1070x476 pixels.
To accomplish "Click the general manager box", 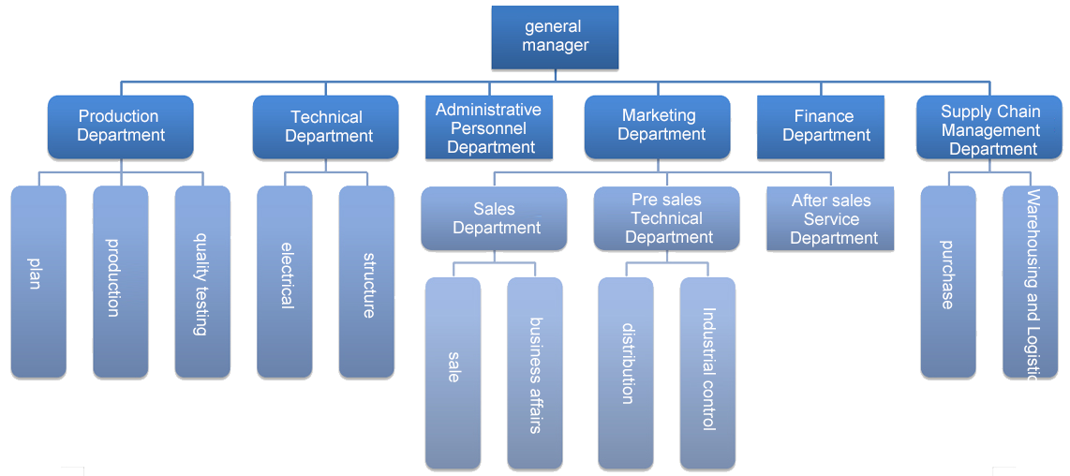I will click(x=555, y=37).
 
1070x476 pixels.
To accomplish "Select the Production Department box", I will click(x=120, y=126).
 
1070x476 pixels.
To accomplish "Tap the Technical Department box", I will click(x=325, y=126).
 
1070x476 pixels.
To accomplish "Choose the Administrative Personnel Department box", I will click(x=489, y=128).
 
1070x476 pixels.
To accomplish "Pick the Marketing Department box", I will click(x=661, y=126).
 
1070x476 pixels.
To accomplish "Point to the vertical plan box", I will click(x=38, y=281).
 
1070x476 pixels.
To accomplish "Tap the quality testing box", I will click(x=202, y=281).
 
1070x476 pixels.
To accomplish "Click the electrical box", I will click(x=284, y=281).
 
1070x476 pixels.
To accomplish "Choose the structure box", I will click(x=366, y=281).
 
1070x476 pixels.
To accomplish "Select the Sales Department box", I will click(x=494, y=218).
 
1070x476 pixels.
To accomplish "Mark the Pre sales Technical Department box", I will click(x=666, y=218).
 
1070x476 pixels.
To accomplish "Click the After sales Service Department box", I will click(x=830, y=218).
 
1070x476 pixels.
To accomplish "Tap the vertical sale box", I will click(x=453, y=372).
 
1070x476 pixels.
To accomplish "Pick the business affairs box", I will click(x=535, y=372).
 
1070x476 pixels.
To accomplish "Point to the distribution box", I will click(x=625, y=372).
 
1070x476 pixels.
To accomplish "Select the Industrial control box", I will click(x=707, y=372).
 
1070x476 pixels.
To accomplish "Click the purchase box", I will click(x=948, y=281).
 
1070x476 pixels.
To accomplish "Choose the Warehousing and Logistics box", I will click(x=1030, y=281).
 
